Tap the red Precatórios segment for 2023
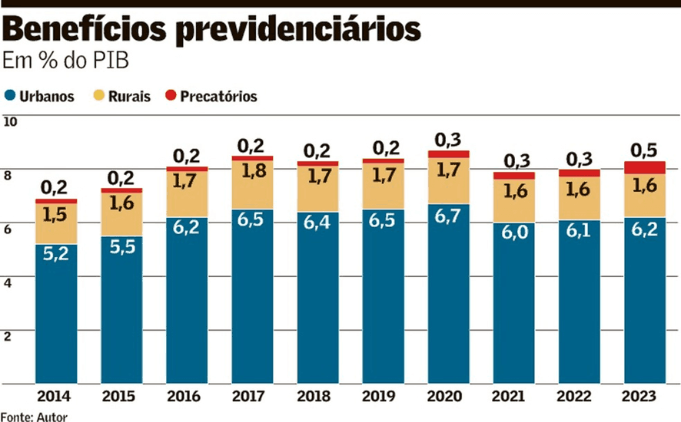645,168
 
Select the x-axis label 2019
383,396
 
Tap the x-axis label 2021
513,396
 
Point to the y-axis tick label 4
8,282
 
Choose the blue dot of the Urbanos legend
10,96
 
